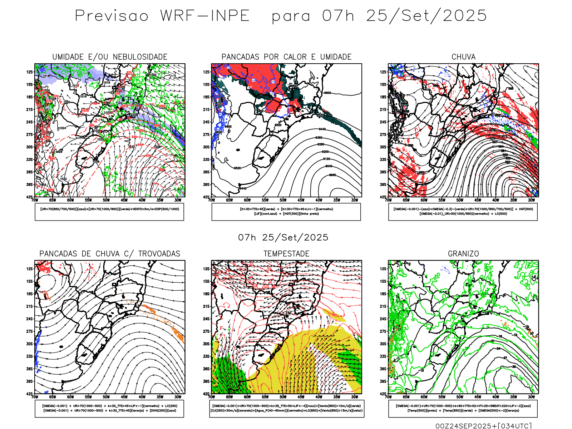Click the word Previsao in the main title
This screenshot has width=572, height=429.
pyautogui.click(x=112, y=16)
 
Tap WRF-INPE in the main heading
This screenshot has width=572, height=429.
pyautogui.click(x=205, y=16)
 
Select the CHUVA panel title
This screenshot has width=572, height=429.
pyautogui.click(x=463, y=57)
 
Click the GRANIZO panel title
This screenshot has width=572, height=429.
pyautogui.click(x=463, y=254)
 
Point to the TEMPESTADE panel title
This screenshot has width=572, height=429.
pyautogui.click(x=286, y=254)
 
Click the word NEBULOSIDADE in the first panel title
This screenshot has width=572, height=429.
pyautogui.click(x=140, y=57)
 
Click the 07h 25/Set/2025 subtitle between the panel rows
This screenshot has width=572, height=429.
pyautogui.click(x=283, y=238)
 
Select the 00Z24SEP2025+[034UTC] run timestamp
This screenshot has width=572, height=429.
pyautogui.click(x=483, y=426)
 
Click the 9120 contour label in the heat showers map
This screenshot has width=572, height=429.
pyautogui.click(x=326, y=159)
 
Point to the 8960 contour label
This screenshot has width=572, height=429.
pyautogui.click(x=332, y=175)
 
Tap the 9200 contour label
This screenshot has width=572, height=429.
pyautogui.click(x=325, y=152)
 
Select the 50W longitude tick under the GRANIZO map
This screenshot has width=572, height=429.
pyautogui.click(x=460, y=397)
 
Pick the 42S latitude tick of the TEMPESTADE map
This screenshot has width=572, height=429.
pyautogui.click(x=206, y=394)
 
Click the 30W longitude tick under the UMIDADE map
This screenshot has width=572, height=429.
pyautogui.click(x=178, y=200)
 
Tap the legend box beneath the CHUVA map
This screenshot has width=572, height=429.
pyautogui.click(x=463, y=212)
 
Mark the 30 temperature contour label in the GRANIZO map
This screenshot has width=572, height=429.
pyautogui.click(x=514, y=367)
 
